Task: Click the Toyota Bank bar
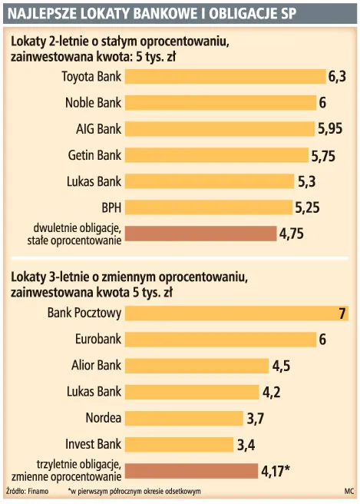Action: (x=225, y=76)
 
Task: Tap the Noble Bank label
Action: (x=92, y=102)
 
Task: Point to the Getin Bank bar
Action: (x=216, y=155)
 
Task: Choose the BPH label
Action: (x=111, y=207)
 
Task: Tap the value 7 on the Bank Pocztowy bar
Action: (x=342, y=313)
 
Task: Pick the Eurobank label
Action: (x=98, y=339)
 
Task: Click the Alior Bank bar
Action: (x=196, y=366)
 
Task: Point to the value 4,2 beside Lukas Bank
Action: (x=272, y=392)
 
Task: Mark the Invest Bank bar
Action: (x=178, y=444)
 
